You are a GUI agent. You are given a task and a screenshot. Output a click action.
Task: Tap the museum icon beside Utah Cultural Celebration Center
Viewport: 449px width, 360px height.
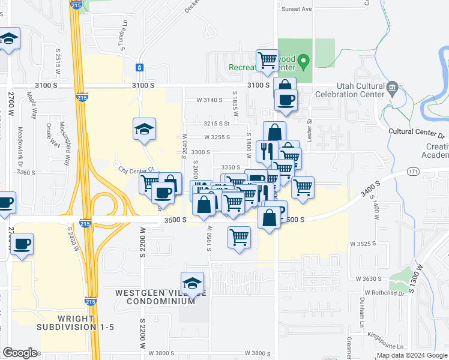[x=393, y=88]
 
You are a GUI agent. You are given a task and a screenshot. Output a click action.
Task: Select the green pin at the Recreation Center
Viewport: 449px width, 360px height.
[x=304, y=60]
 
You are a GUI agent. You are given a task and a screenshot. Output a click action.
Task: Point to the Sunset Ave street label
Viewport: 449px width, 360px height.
[x=298, y=10]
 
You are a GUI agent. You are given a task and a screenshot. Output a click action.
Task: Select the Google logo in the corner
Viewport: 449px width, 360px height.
[x=20, y=353]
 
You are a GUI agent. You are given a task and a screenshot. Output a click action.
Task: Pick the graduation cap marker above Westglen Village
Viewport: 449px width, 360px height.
[x=192, y=283]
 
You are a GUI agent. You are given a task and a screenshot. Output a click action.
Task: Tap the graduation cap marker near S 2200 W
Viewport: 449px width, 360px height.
[x=144, y=128]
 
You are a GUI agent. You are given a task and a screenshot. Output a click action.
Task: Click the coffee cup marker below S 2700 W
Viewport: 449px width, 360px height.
[x=22, y=245]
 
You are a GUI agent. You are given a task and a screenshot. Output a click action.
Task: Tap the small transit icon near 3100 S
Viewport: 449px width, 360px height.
[x=139, y=68]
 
